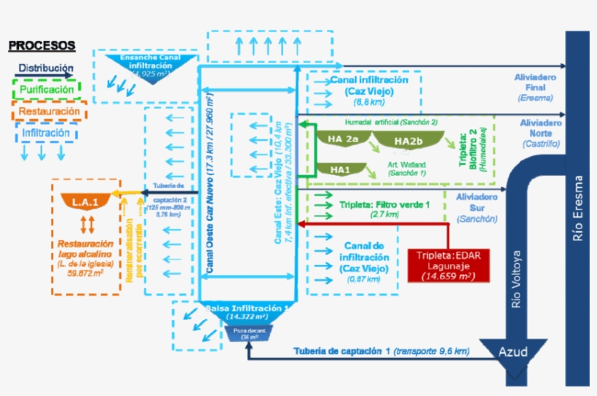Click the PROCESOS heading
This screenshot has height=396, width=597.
41,45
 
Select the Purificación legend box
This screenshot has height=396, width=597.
47,89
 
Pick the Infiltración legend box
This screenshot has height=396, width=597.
46,133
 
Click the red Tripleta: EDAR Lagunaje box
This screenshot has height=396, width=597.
448,265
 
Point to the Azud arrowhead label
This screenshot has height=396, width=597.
513,352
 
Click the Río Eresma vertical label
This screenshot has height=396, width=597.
578,208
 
